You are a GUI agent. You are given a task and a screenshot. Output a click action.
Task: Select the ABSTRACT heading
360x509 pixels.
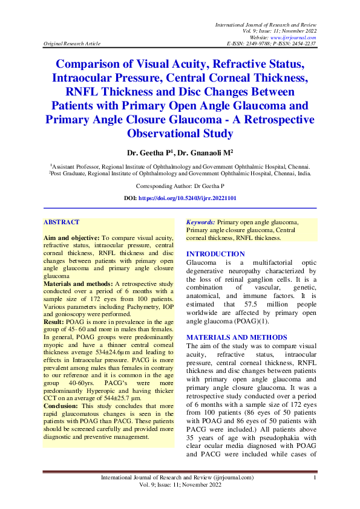(61, 222)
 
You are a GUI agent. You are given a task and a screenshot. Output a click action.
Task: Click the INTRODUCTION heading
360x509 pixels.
(215, 254)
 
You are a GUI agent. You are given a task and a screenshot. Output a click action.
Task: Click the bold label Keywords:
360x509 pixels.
(200, 222)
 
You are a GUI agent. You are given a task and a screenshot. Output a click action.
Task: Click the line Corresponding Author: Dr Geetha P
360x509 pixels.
(180, 186)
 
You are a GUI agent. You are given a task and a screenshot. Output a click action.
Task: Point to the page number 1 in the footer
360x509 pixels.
(315, 479)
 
